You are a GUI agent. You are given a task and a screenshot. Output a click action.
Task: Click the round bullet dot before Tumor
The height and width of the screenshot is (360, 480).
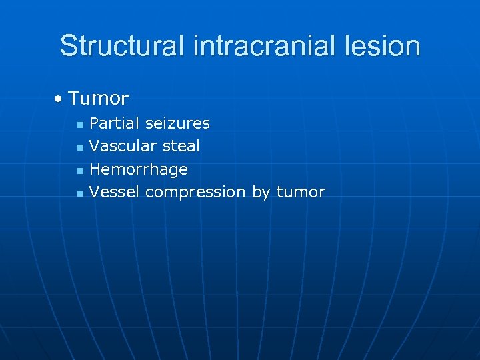(59, 99)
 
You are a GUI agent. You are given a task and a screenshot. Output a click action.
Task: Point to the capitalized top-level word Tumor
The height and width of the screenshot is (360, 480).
(98, 99)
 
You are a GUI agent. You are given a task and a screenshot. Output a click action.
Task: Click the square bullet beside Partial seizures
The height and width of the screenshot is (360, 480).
(80, 125)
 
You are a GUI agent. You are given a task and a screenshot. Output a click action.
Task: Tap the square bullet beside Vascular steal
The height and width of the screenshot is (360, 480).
(80, 147)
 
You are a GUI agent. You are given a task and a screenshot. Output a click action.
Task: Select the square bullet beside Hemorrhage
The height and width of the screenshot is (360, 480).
(80, 171)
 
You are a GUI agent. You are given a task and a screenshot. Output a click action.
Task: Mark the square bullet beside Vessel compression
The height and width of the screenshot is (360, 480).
(80, 193)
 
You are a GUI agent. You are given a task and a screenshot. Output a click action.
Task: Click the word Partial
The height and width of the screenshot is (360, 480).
(115, 123)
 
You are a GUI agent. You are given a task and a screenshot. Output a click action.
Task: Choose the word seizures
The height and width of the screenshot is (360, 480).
(177, 123)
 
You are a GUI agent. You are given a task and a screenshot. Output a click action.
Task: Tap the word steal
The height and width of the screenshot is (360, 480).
(181, 146)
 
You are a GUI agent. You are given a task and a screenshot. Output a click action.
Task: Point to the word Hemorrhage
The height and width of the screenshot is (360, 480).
(139, 169)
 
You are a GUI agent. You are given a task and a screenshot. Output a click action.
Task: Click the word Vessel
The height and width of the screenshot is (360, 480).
(114, 192)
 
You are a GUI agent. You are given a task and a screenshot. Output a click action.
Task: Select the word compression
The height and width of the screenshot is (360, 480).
(195, 193)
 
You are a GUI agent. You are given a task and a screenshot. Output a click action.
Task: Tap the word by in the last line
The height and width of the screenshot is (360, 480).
(261, 193)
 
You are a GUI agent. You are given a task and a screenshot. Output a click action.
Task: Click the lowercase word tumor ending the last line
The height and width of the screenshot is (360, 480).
(301, 192)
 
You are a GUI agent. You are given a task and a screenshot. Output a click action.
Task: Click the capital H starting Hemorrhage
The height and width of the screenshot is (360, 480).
(95, 169)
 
